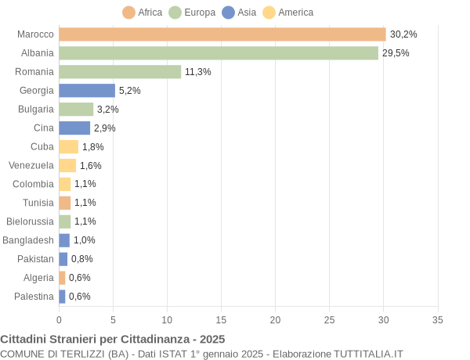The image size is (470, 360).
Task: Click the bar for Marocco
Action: (222, 34)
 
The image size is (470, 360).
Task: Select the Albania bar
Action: (218, 53)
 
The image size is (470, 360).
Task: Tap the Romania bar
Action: (120, 72)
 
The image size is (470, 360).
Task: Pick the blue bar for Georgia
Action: (87, 91)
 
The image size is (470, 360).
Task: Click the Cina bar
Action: (74, 128)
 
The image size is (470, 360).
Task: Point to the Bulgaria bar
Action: (76, 109)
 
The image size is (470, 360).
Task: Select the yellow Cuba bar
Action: (68, 146)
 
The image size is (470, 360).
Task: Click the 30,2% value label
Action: (403, 34)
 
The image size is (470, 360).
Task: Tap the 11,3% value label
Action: (198, 72)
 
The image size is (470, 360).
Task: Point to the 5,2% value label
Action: (130, 91)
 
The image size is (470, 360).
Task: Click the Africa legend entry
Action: (143, 13)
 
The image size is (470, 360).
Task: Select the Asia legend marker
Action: (229, 13)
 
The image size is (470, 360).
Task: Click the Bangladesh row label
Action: (28, 240)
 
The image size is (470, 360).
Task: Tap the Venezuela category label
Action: (31, 165)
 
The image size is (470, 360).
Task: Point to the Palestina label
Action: (34, 297)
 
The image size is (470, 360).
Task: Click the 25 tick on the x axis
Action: (329, 319)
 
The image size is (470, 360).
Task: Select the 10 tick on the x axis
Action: (167, 319)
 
